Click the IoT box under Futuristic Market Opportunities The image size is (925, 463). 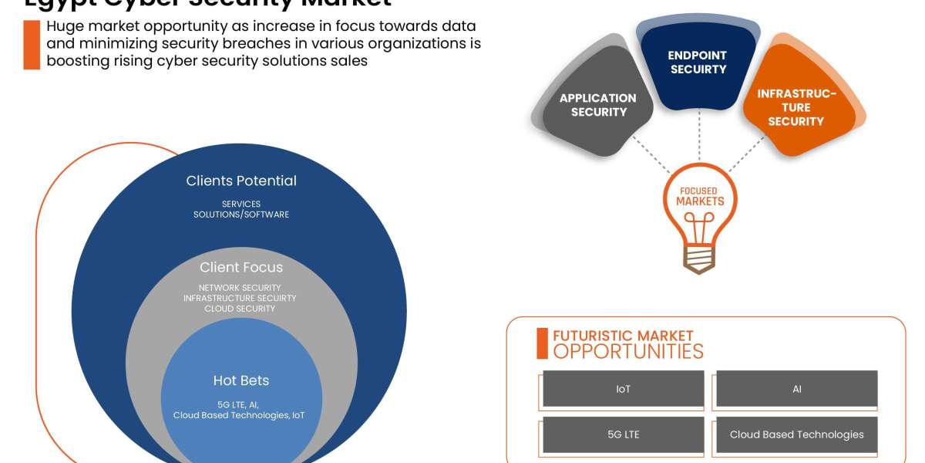624,389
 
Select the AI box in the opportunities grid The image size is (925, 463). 797,389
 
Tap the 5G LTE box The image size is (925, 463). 624,434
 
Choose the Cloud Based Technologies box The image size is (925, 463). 797,434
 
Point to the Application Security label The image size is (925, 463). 598,105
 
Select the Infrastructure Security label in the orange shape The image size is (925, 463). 796,107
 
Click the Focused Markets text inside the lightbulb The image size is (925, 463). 700,196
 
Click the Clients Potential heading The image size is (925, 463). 241,181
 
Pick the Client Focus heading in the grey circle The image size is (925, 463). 241,268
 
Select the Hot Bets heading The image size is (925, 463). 241,380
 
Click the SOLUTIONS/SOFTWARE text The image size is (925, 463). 241,215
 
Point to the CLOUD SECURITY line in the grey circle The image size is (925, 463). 240,309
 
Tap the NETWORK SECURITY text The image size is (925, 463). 240,288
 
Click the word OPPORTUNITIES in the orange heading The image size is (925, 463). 628,352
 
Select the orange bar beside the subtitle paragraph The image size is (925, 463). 32,45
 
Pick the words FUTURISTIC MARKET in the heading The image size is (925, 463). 623,336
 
